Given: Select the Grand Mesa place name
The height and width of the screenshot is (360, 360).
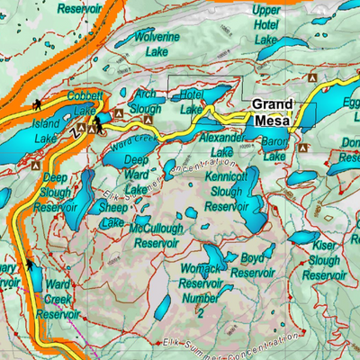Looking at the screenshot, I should tap(271, 112).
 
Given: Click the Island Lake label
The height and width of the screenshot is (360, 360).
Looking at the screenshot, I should tap(46, 130).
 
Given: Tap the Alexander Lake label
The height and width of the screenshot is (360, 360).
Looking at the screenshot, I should tap(221, 146).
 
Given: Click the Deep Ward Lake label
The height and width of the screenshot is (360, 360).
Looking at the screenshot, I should tap(136, 175).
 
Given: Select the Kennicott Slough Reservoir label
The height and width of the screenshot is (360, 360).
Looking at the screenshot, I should tap(226, 193).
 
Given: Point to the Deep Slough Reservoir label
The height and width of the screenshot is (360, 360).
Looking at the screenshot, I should tap(57, 193).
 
